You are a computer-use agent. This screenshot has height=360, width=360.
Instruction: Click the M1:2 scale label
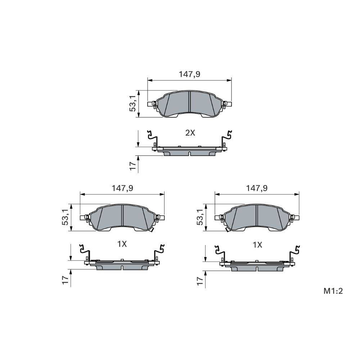pyautogui.click(x=333, y=291)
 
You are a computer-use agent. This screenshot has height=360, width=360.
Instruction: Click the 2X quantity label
pyautogui.click(x=190, y=133)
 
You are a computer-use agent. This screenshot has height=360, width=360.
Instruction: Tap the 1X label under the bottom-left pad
pyautogui.click(x=122, y=244)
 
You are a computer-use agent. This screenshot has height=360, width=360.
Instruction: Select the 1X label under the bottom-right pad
pyautogui.click(x=257, y=245)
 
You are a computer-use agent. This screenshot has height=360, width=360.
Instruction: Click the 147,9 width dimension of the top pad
pyautogui.click(x=190, y=74)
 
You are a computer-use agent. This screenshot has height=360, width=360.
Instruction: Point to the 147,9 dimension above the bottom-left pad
pyautogui.click(x=122, y=188)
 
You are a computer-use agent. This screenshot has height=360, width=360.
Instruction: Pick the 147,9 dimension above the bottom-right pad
pyautogui.click(x=257, y=188)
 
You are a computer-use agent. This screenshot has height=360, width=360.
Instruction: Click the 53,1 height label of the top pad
pyautogui.click(x=133, y=104)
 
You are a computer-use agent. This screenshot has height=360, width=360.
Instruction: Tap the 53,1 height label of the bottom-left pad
pyautogui.click(x=66, y=217)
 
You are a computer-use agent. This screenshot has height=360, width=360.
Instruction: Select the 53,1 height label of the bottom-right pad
pyautogui.click(x=200, y=217)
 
